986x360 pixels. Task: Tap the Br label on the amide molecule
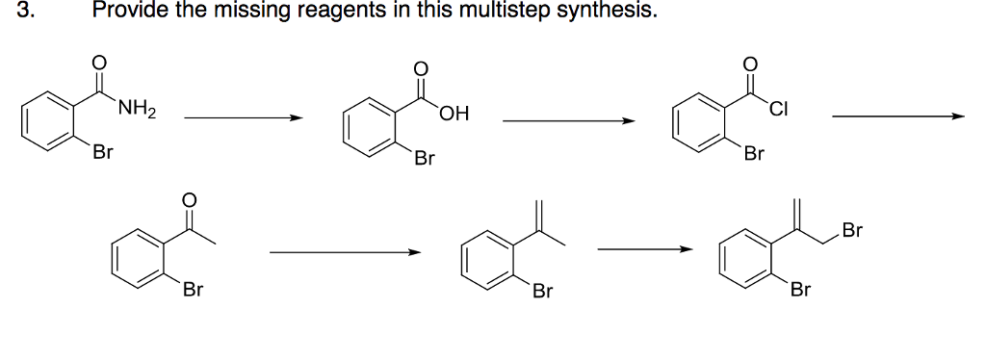click(x=103, y=151)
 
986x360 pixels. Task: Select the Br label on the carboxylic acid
click(x=425, y=158)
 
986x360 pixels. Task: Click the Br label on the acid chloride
click(x=755, y=153)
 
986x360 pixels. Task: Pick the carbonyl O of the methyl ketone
click(x=190, y=200)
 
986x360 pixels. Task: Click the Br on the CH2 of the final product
click(x=852, y=230)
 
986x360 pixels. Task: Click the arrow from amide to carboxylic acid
click(x=243, y=118)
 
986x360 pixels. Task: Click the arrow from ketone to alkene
click(x=345, y=253)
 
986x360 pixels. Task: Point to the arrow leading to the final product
click(x=644, y=251)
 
